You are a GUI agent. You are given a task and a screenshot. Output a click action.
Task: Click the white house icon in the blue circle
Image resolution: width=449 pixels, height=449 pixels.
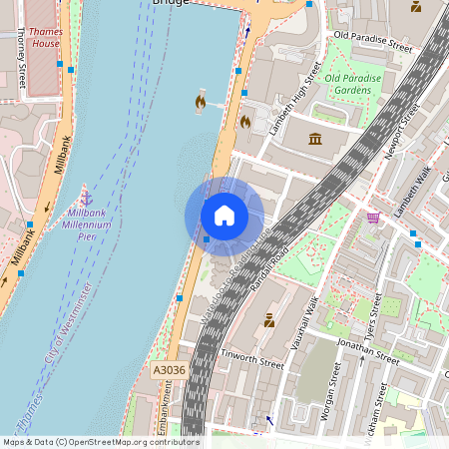coord(224,215)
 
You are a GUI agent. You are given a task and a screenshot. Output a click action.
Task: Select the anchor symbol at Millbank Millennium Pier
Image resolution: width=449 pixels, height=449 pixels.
coord(86,198)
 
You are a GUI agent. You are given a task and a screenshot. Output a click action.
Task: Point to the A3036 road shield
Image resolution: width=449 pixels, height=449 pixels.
coord(169,369)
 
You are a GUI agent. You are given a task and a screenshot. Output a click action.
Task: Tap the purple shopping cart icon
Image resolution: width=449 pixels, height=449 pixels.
coord(373,218)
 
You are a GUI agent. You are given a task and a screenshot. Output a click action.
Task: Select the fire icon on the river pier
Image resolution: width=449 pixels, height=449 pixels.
coord(201,101)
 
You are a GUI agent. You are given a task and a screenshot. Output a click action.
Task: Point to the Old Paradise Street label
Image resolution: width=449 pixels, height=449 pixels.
coord(372,41)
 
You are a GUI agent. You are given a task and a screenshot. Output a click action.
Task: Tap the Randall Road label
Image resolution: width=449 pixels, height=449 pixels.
coord(270,268)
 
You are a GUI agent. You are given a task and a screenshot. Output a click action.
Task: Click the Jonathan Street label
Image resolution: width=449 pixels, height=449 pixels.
coord(367,351)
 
